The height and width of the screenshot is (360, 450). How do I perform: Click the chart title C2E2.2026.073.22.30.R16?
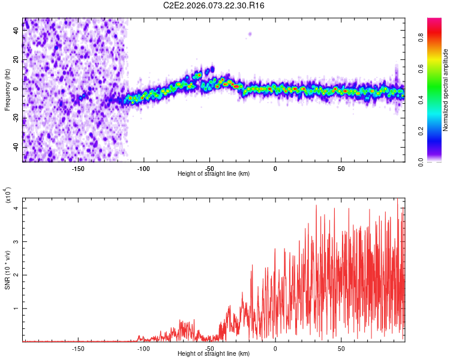[214, 5]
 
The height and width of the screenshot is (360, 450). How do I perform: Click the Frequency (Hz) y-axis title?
[7, 89]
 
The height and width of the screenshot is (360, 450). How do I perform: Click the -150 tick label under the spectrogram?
[77, 169]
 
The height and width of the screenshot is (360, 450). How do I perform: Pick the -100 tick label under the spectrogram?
[143, 169]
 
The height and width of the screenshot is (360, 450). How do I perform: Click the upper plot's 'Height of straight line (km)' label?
[214, 174]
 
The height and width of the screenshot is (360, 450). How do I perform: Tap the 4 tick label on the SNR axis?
[16, 208]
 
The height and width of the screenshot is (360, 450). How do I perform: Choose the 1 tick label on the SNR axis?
[16, 308]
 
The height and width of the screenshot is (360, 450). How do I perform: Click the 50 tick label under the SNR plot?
[340, 349]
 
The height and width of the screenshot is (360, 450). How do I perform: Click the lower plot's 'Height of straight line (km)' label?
[214, 354]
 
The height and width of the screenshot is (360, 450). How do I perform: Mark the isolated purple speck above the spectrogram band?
[250, 34]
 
